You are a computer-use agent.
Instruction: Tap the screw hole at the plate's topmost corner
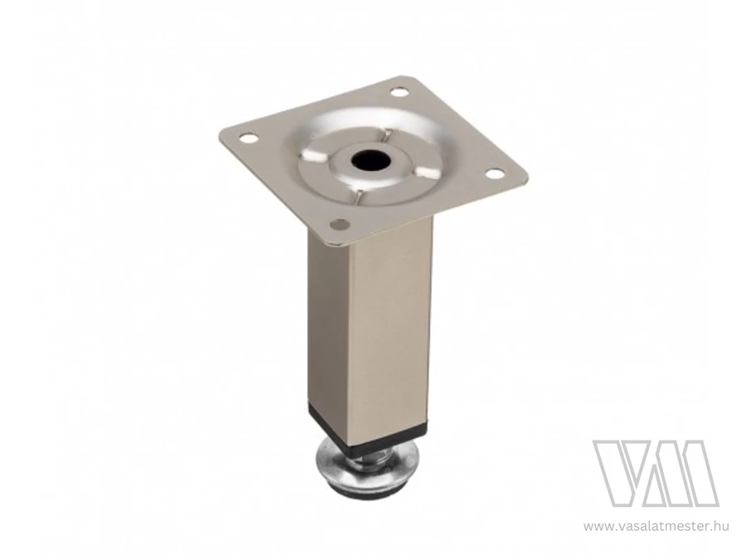click(x=398, y=91)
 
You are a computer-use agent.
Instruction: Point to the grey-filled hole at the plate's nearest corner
click(x=339, y=223)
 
